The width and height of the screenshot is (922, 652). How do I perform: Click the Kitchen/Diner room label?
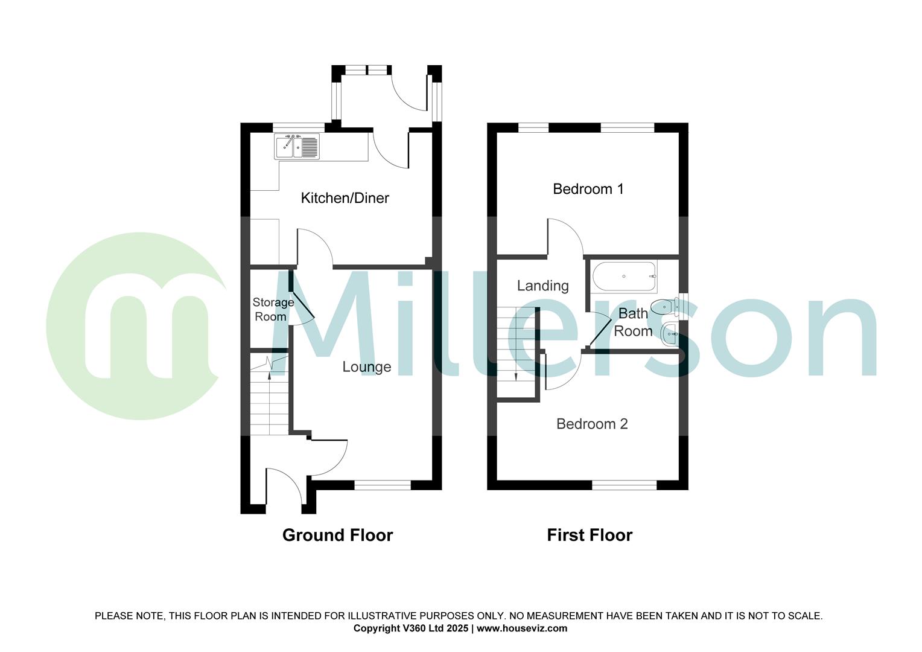click(x=345, y=198)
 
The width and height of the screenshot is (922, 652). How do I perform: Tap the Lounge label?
click(x=366, y=367)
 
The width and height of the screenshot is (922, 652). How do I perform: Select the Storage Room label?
click(x=273, y=309)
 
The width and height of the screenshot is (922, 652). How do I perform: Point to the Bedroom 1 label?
click(x=588, y=189)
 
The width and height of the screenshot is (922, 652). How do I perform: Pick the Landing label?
click(x=542, y=286)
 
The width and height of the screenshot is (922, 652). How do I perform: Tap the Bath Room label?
click(x=633, y=322)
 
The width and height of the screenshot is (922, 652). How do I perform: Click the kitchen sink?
click(x=297, y=147)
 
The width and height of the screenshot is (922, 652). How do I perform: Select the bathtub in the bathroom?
click(x=624, y=277)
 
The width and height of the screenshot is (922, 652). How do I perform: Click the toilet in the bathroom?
click(x=666, y=307)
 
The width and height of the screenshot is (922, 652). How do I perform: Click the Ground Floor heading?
click(x=337, y=535)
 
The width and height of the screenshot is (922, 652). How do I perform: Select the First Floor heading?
click(x=590, y=535)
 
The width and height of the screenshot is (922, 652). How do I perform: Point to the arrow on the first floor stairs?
click(x=517, y=376)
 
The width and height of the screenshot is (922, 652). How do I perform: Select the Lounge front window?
click(x=382, y=484)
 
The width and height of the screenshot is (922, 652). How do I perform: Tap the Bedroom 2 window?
click(x=624, y=485)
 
